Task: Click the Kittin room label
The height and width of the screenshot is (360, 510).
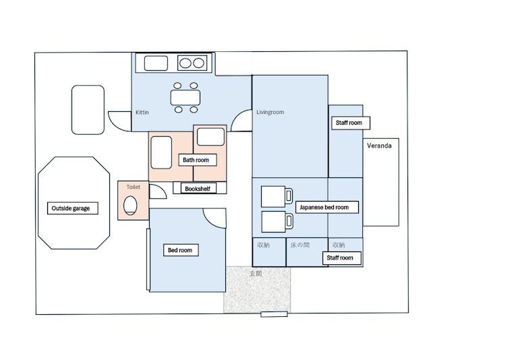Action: click(x=142, y=113)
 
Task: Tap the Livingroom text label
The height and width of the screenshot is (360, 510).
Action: click(x=270, y=112)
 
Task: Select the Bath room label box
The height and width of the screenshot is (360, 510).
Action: click(x=198, y=160)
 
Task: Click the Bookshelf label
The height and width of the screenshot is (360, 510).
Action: click(x=198, y=189)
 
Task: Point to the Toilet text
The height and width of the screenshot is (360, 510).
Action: click(x=134, y=187)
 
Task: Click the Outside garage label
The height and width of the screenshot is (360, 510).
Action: click(x=73, y=208)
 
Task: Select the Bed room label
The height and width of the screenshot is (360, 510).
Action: click(x=181, y=250)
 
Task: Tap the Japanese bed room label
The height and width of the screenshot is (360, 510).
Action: click(x=327, y=207)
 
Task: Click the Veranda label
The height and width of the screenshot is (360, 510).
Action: click(x=379, y=146)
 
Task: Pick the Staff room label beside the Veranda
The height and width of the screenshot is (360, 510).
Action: click(x=350, y=123)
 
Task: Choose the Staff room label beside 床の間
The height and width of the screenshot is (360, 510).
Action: click(x=341, y=258)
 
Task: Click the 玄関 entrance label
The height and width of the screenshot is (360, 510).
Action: click(x=256, y=274)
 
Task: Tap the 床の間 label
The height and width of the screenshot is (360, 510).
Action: click(x=300, y=245)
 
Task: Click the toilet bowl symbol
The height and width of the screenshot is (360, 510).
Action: click(x=130, y=205)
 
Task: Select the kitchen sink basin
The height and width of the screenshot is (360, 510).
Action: click(x=156, y=63)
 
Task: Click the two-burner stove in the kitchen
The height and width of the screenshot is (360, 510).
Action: click(x=192, y=63)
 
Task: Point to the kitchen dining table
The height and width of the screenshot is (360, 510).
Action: click(x=186, y=98)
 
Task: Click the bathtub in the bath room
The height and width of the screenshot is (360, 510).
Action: click(x=161, y=152)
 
